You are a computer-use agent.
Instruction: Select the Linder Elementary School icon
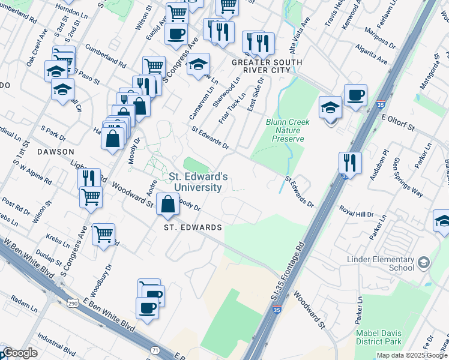point(424,263)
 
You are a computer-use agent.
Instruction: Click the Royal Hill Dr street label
point(356,212)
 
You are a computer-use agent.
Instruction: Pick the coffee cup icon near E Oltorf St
point(355,95)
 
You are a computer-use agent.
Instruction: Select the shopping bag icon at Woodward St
point(167,206)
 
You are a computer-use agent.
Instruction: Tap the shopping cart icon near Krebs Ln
point(103,234)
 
